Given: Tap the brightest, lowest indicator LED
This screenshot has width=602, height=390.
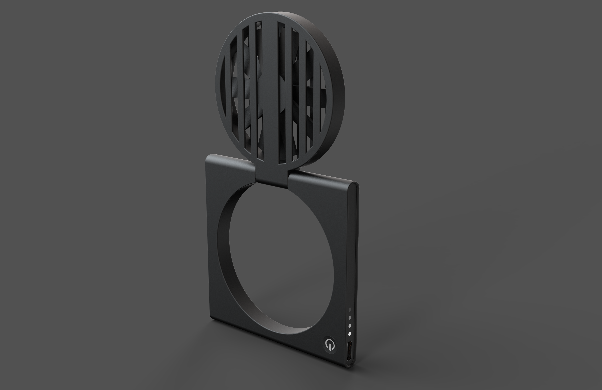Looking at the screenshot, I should [x=350, y=334].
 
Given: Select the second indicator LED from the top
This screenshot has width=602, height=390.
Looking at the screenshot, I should [x=350, y=317].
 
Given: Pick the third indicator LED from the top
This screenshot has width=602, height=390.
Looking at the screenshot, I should [x=350, y=325].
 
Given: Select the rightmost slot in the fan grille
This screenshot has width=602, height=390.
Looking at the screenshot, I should [x=323, y=101].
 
